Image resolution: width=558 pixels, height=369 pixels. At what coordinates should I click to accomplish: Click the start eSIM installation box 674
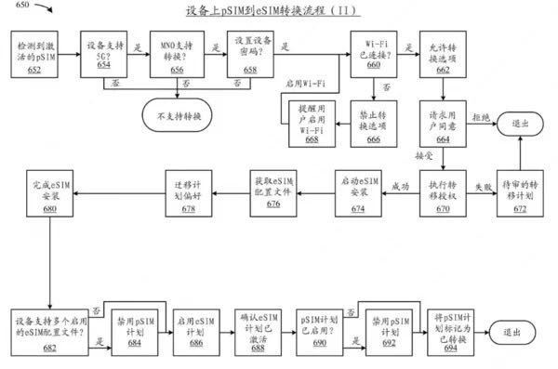pyautogui.click(x=358, y=193)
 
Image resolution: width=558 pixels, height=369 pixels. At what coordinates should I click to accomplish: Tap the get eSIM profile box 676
pyautogui.click(x=273, y=193)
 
